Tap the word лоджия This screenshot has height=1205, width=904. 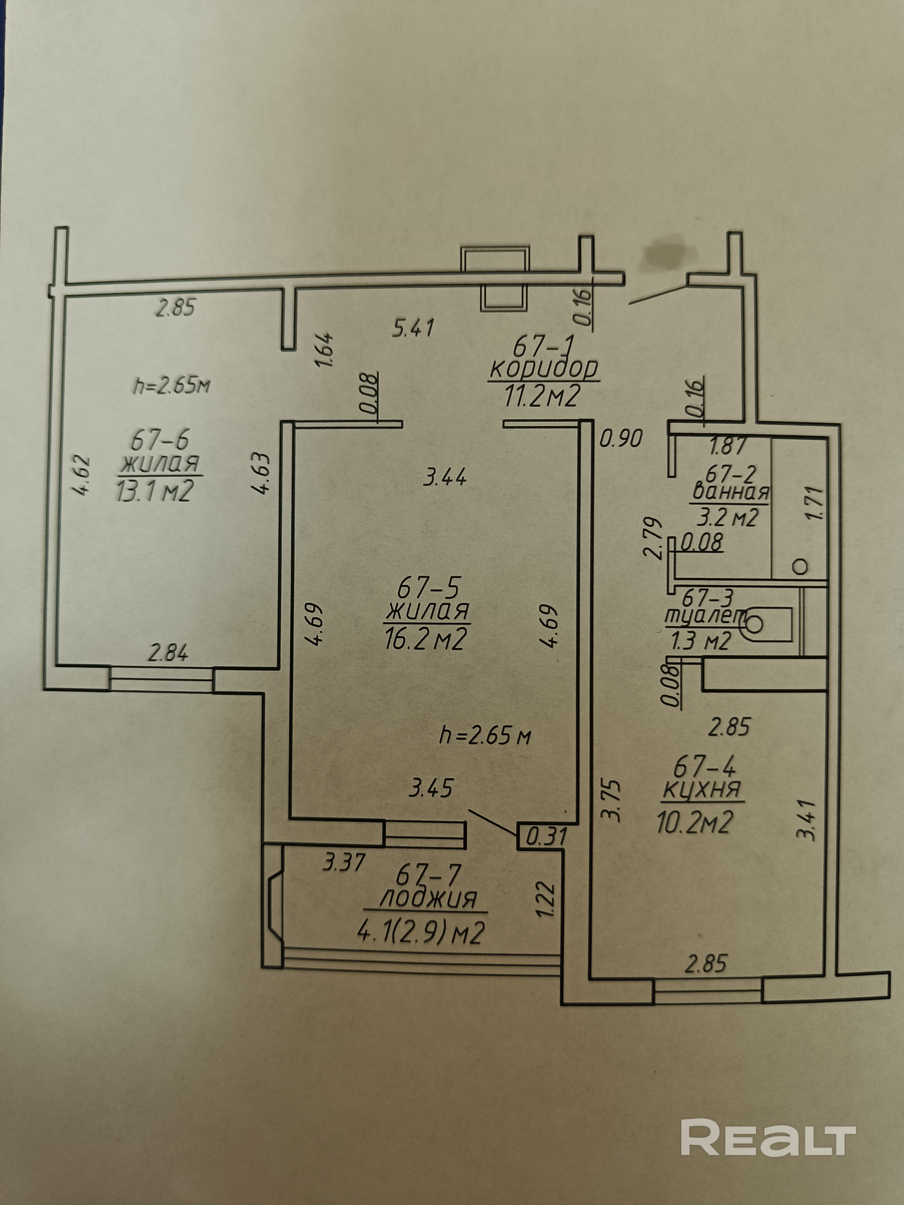coord(427,898)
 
